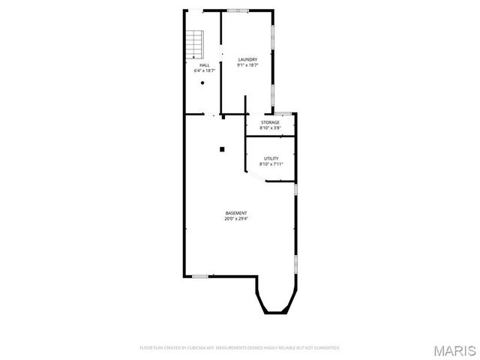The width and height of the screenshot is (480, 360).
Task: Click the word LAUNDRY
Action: pos(247,60)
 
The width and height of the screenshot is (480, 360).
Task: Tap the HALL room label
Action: pos(204,65)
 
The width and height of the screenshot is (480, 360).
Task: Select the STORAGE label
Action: pos(270,122)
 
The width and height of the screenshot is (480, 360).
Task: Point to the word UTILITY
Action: pos(271,158)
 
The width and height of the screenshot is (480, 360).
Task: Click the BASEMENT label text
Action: pos(236,214)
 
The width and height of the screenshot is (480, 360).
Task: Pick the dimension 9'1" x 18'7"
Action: pos(247,65)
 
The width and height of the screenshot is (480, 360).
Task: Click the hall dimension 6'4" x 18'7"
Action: pos(204,70)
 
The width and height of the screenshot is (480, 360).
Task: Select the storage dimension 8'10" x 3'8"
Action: pos(270,127)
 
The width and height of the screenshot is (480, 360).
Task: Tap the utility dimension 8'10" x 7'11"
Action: pos(271,163)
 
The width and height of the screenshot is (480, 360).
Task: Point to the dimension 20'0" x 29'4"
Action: pos(236,219)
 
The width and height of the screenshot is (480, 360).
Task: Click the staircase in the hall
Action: pos(196,44)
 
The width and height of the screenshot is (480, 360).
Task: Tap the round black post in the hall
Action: pos(202,84)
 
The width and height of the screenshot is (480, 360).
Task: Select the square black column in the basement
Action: pos(222,148)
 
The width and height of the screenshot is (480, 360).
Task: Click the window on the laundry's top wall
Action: pos(238,10)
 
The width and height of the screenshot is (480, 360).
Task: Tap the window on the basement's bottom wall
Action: pos(199,276)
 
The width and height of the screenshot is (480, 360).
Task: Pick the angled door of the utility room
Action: pos(255,177)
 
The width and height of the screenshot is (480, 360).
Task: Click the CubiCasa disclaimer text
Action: pos(240,348)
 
